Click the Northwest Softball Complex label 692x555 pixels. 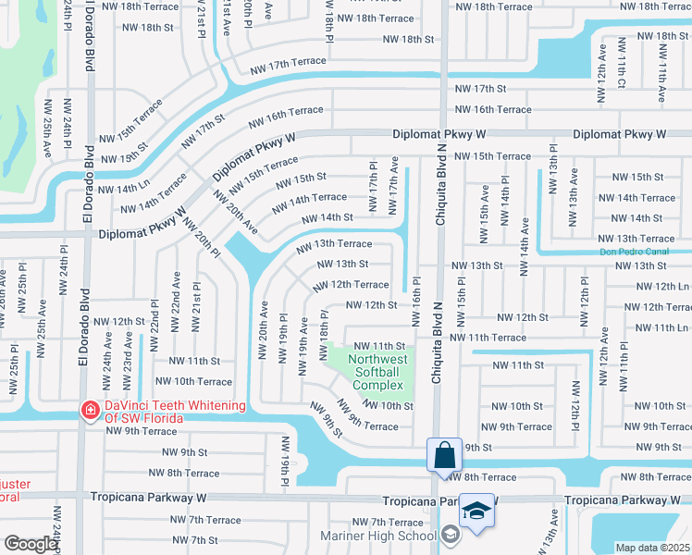coord(377,372)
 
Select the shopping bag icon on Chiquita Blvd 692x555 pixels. coord(444,455)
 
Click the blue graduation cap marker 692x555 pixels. coord(476,512)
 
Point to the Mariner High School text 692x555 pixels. coord(377,536)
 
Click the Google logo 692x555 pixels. coord(31,544)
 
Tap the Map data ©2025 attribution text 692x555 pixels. coord(653,548)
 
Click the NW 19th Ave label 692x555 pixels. coord(303,346)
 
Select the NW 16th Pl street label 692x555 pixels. coord(416,301)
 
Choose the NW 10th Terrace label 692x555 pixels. coord(193,381)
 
